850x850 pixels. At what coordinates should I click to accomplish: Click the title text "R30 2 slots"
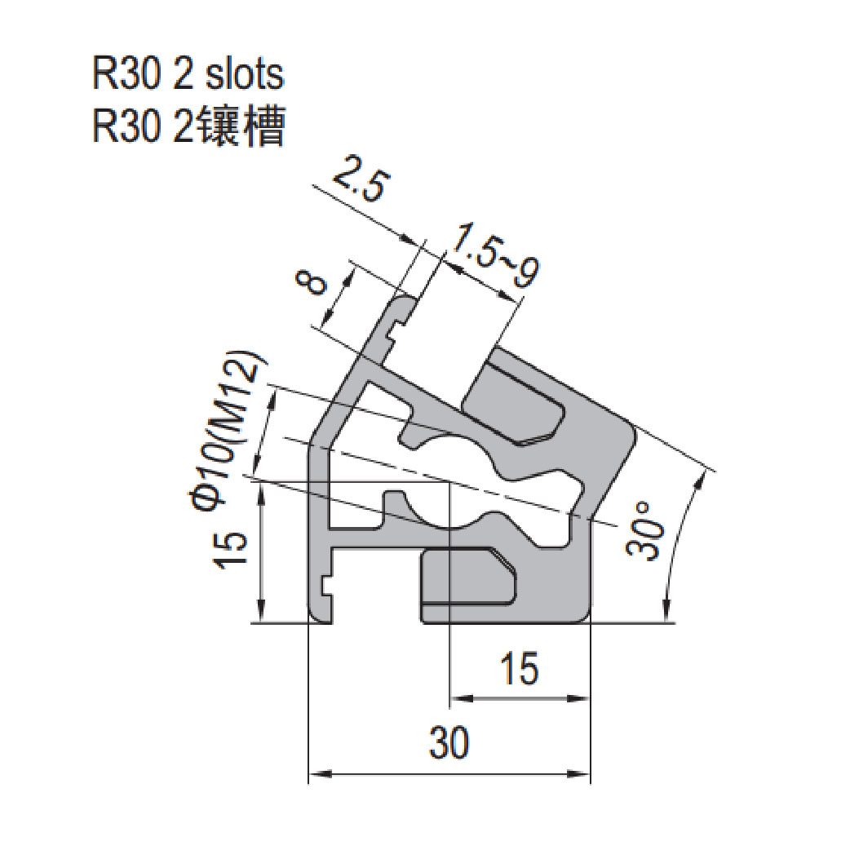pos(188,75)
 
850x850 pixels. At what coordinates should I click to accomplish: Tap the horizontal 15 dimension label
pos(519,669)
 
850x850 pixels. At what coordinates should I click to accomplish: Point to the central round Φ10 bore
pos(451,481)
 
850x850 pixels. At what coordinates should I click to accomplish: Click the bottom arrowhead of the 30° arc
pos(666,611)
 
